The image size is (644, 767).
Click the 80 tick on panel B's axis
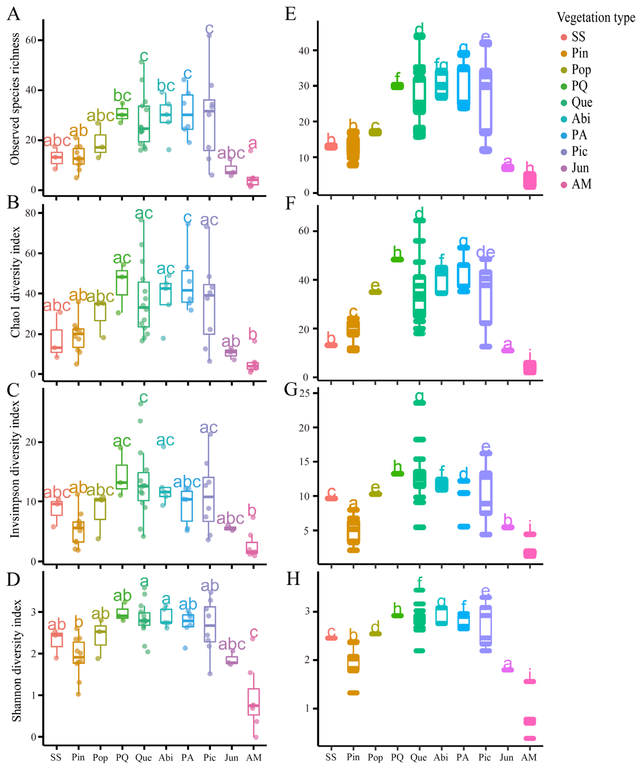click(x=31, y=213)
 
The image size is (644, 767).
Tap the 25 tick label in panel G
click(x=304, y=393)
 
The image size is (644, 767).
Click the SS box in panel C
click(x=57, y=508)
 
